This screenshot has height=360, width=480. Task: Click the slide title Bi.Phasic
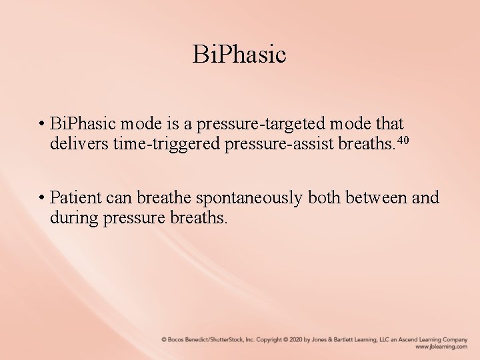(239, 54)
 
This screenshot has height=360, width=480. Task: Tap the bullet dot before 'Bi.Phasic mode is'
(41, 125)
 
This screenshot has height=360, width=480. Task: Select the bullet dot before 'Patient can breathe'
(41, 198)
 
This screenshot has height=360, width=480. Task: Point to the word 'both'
(317, 198)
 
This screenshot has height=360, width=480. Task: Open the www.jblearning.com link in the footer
(441, 347)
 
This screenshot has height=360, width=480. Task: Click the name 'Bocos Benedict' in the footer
(188, 339)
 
